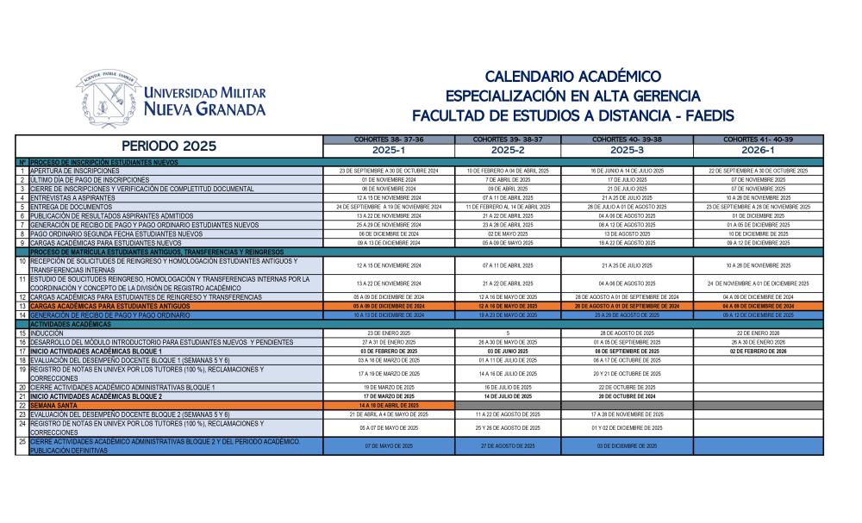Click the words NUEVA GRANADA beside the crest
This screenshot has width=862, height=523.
pyautogui.click(x=205, y=109)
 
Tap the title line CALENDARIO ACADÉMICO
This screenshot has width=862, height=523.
pyautogui.click(x=573, y=77)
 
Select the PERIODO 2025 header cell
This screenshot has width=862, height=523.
pyautogui.click(x=169, y=146)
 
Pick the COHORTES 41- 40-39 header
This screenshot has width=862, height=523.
pyautogui.click(x=758, y=140)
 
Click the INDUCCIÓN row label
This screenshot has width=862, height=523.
pyautogui.click(x=47, y=333)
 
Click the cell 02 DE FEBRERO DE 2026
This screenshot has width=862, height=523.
pyautogui.click(x=758, y=351)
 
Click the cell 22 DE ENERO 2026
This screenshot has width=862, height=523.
pyautogui.click(x=758, y=333)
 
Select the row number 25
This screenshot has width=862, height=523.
pyautogui.click(x=22, y=441)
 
